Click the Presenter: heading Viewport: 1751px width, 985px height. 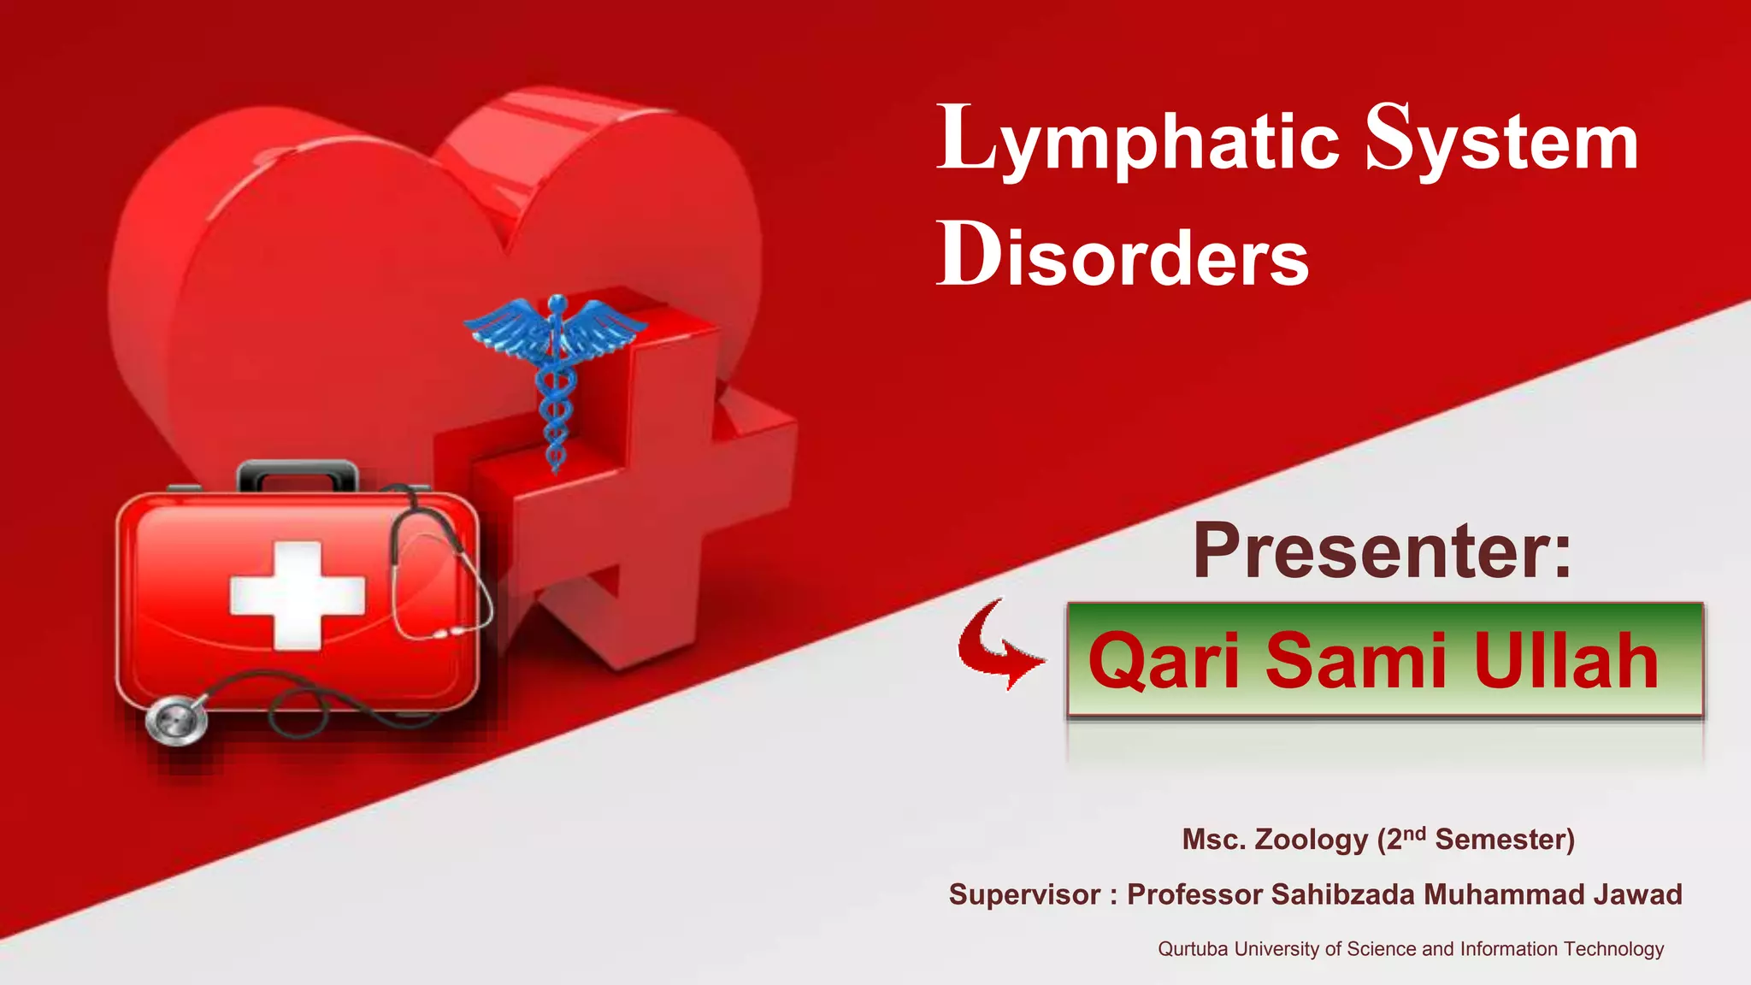(x=1382, y=551)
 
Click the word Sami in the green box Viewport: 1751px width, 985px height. (x=1355, y=660)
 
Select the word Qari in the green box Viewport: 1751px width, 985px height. (x=1164, y=660)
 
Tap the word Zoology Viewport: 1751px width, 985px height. (x=1311, y=840)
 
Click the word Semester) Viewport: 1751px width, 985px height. (x=1505, y=840)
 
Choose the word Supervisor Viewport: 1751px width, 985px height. (x=1024, y=894)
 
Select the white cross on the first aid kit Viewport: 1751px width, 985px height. (x=297, y=595)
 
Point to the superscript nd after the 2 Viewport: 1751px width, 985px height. (x=1415, y=833)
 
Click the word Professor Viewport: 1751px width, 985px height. (x=1194, y=894)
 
